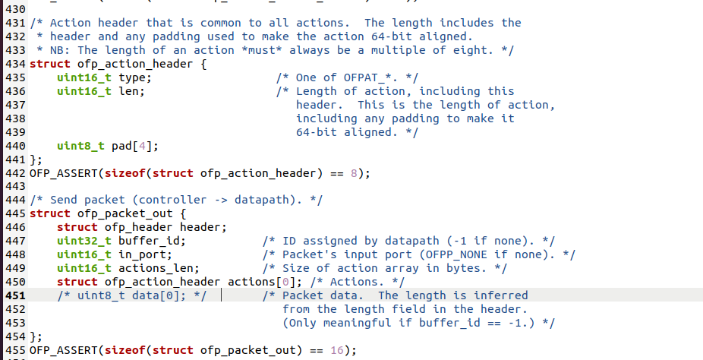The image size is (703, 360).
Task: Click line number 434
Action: (x=14, y=64)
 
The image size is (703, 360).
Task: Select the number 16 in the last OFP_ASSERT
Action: (x=337, y=350)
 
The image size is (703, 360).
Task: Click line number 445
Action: (x=14, y=213)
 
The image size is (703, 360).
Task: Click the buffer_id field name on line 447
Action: (x=153, y=241)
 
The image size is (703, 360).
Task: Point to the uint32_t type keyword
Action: (x=84, y=241)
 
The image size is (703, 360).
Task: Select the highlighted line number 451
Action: (x=14, y=295)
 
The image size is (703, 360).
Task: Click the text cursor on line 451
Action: (x=221, y=295)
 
